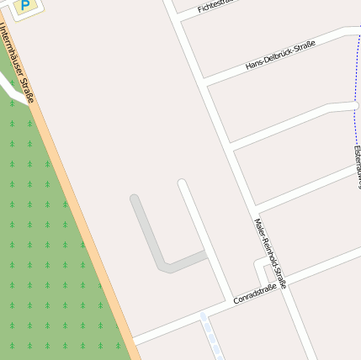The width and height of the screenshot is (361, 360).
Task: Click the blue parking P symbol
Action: point(25,6)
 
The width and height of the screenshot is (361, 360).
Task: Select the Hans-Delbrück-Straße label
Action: point(280,55)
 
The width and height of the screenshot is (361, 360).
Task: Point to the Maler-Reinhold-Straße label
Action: point(270,252)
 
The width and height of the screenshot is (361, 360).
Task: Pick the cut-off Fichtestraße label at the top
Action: point(214,6)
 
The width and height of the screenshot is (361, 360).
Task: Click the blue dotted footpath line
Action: point(354,93)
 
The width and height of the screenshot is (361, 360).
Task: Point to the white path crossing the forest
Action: point(10,88)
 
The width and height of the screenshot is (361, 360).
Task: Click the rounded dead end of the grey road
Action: point(135,199)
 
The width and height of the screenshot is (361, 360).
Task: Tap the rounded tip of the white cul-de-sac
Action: point(182,183)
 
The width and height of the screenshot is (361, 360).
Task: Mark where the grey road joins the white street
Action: point(204,254)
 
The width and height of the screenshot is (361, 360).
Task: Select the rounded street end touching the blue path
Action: point(354,106)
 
